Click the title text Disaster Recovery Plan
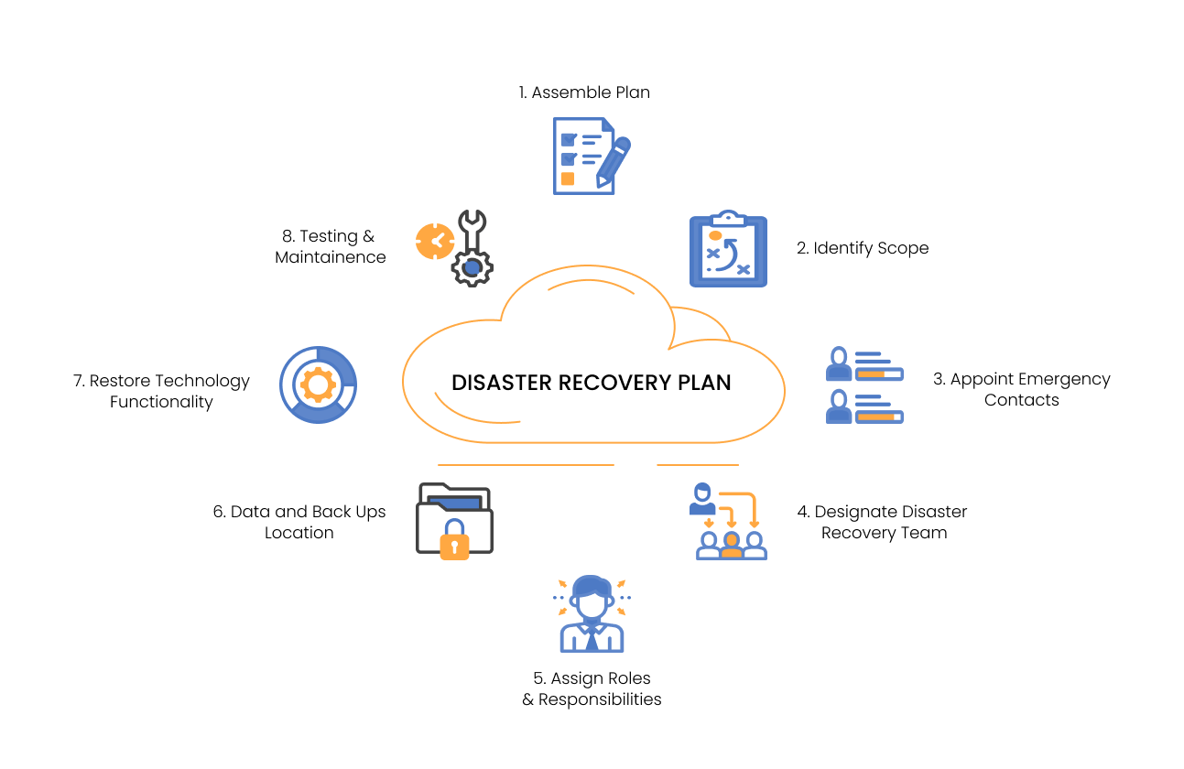coord(591,383)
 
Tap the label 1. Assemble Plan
coord(584,92)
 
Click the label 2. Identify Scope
coord(863,248)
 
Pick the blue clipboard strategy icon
coord(728,249)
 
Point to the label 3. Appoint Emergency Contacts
coord(1021,389)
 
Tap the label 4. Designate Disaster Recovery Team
coord(884,522)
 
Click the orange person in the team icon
coord(731,544)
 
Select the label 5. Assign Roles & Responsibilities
coord(592,688)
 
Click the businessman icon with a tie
coord(592,613)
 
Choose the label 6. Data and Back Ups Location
coord(299,522)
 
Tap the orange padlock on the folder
coord(454,541)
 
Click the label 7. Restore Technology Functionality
coord(161,391)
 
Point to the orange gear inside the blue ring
coord(318,384)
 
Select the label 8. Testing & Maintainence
coord(330,247)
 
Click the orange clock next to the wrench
coord(434,242)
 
